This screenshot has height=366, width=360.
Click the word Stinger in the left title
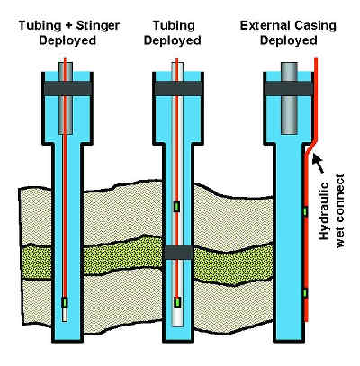tap(98, 26)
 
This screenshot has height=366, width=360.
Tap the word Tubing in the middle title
tap(174, 26)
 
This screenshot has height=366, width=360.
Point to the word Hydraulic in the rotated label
tap(324, 211)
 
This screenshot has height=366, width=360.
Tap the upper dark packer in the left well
tap(67, 88)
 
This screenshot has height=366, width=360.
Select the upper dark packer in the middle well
tap(178, 88)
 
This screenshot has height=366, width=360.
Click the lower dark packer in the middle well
tap(178, 252)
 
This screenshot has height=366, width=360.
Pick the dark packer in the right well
tap(289, 88)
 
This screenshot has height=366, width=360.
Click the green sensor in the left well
tap(65, 303)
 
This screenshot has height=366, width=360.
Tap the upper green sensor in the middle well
tap(177, 207)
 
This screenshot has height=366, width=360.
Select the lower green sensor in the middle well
tap(178, 302)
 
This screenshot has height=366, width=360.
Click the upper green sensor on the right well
tap(305, 211)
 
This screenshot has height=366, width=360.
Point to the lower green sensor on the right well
tap(305, 293)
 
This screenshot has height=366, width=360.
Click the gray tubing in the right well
tap(289, 98)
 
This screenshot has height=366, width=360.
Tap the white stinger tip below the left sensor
tap(65, 315)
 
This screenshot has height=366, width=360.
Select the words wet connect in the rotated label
tap(340, 210)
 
